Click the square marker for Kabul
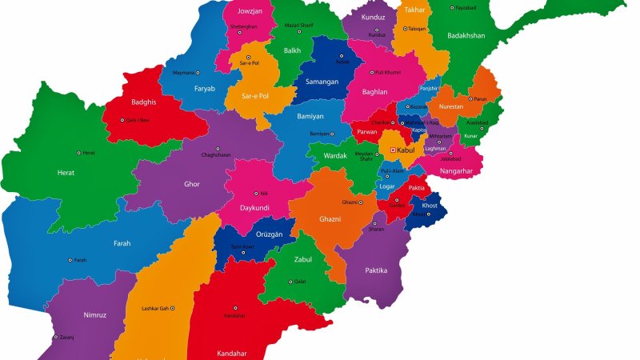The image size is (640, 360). click(393, 150)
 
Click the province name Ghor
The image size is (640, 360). click(192, 184)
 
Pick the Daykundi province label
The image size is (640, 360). click(254, 208)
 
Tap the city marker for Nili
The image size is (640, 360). click(256, 192)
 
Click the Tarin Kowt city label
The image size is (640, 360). click(242, 246)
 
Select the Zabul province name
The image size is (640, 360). click(303, 259)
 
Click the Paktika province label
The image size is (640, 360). click(376, 270)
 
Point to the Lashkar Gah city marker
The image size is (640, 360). click(172, 308)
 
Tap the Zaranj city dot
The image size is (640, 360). click(55, 337)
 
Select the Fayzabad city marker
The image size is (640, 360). click(453, 8)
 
